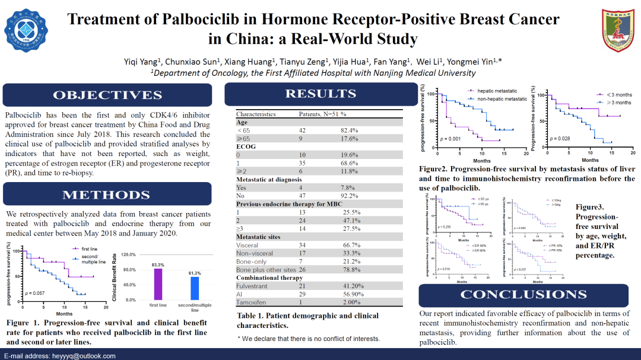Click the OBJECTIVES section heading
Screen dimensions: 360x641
(x=107, y=95)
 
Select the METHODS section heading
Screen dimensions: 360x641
(x=107, y=195)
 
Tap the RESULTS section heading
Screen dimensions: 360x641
(x=320, y=94)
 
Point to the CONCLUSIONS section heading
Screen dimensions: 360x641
(x=523, y=295)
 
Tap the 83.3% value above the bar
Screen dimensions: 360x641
(x=158, y=265)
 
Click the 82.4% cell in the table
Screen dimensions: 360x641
(x=349, y=130)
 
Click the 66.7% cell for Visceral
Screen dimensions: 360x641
(x=349, y=245)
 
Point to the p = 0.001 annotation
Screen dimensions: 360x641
(x=450, y=139)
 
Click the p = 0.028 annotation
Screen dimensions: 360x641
(x=560, y=139)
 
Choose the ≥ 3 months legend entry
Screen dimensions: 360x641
(x=617, y=103)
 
